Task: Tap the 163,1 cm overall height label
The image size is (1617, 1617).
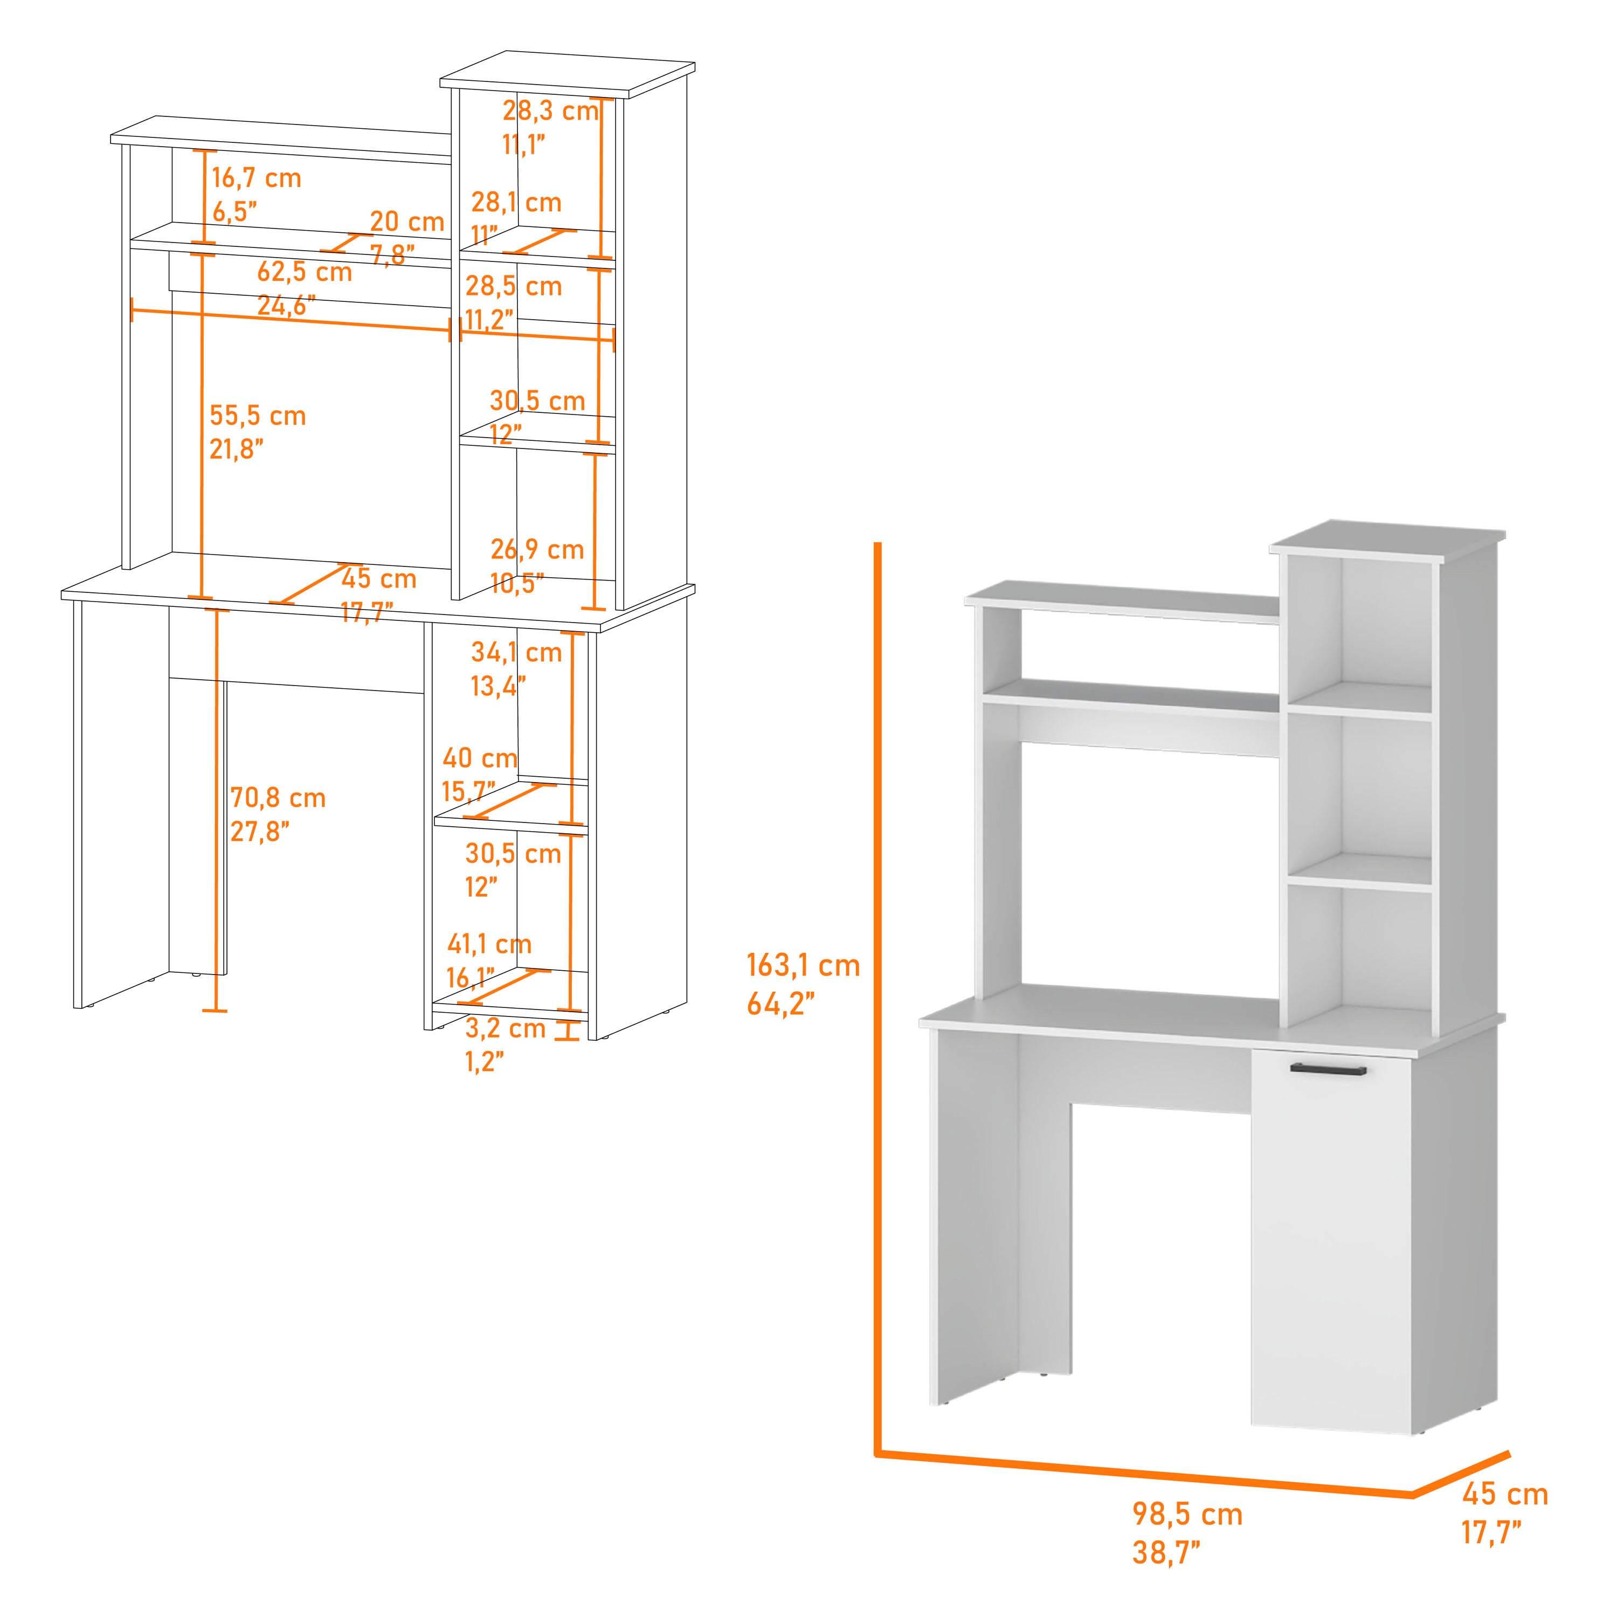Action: (804, 966)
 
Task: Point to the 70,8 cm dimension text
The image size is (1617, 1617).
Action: (278, 798)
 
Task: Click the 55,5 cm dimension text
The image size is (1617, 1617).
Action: (258, 416)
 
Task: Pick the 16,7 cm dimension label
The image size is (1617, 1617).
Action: (256, 178)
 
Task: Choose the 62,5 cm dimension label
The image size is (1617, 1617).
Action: (305, 272)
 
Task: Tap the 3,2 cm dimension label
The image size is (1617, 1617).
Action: (506, 1028)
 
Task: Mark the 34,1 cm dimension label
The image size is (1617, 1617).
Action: (516, 652)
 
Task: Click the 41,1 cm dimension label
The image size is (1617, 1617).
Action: (489, 944)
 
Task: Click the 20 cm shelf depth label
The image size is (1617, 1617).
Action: (407, 222)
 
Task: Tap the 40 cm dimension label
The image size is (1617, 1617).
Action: (480, 758)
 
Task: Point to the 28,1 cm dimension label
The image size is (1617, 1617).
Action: (516, 203)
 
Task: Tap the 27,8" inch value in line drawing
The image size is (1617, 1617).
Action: (260, 832)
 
